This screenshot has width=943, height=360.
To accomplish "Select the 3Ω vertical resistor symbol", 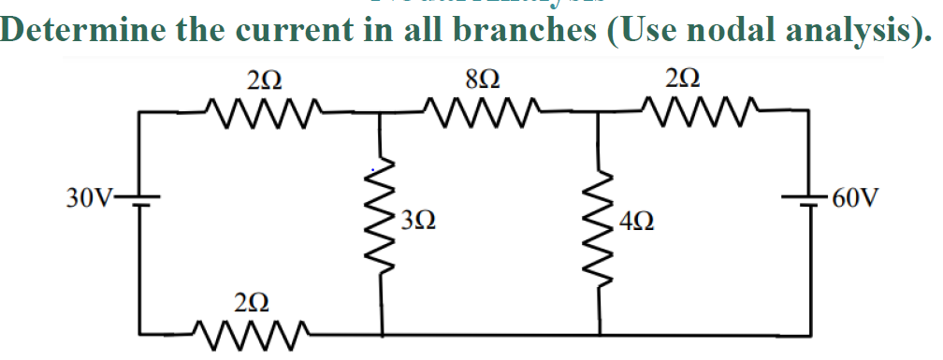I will pyautogui.click(x=382, y=223).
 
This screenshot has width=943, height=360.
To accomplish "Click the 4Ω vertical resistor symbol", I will pyautogui.click(x=600, y=223).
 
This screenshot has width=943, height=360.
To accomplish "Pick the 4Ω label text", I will pyautogui.click(x=636, y=223).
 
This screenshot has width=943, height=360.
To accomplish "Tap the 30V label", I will pyautogui.click(x=89, y=197).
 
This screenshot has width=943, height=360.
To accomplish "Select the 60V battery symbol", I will pyautogui.click(x=807, y=198).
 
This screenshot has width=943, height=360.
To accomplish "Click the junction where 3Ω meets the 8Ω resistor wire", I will pyautogui.click(x=382, y=112).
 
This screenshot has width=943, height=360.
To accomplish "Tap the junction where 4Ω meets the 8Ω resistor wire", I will pyautogui.click(x=600, y=112).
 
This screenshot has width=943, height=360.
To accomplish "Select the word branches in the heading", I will pyautogui.click(x=519, y=31).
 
